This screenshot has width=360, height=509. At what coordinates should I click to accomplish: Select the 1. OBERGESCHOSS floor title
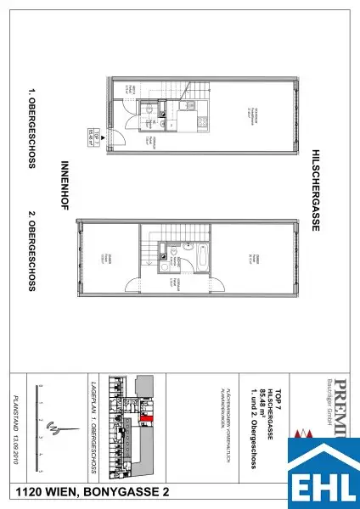tap(31, 127)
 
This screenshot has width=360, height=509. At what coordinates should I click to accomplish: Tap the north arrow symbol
tap(55, 429)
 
